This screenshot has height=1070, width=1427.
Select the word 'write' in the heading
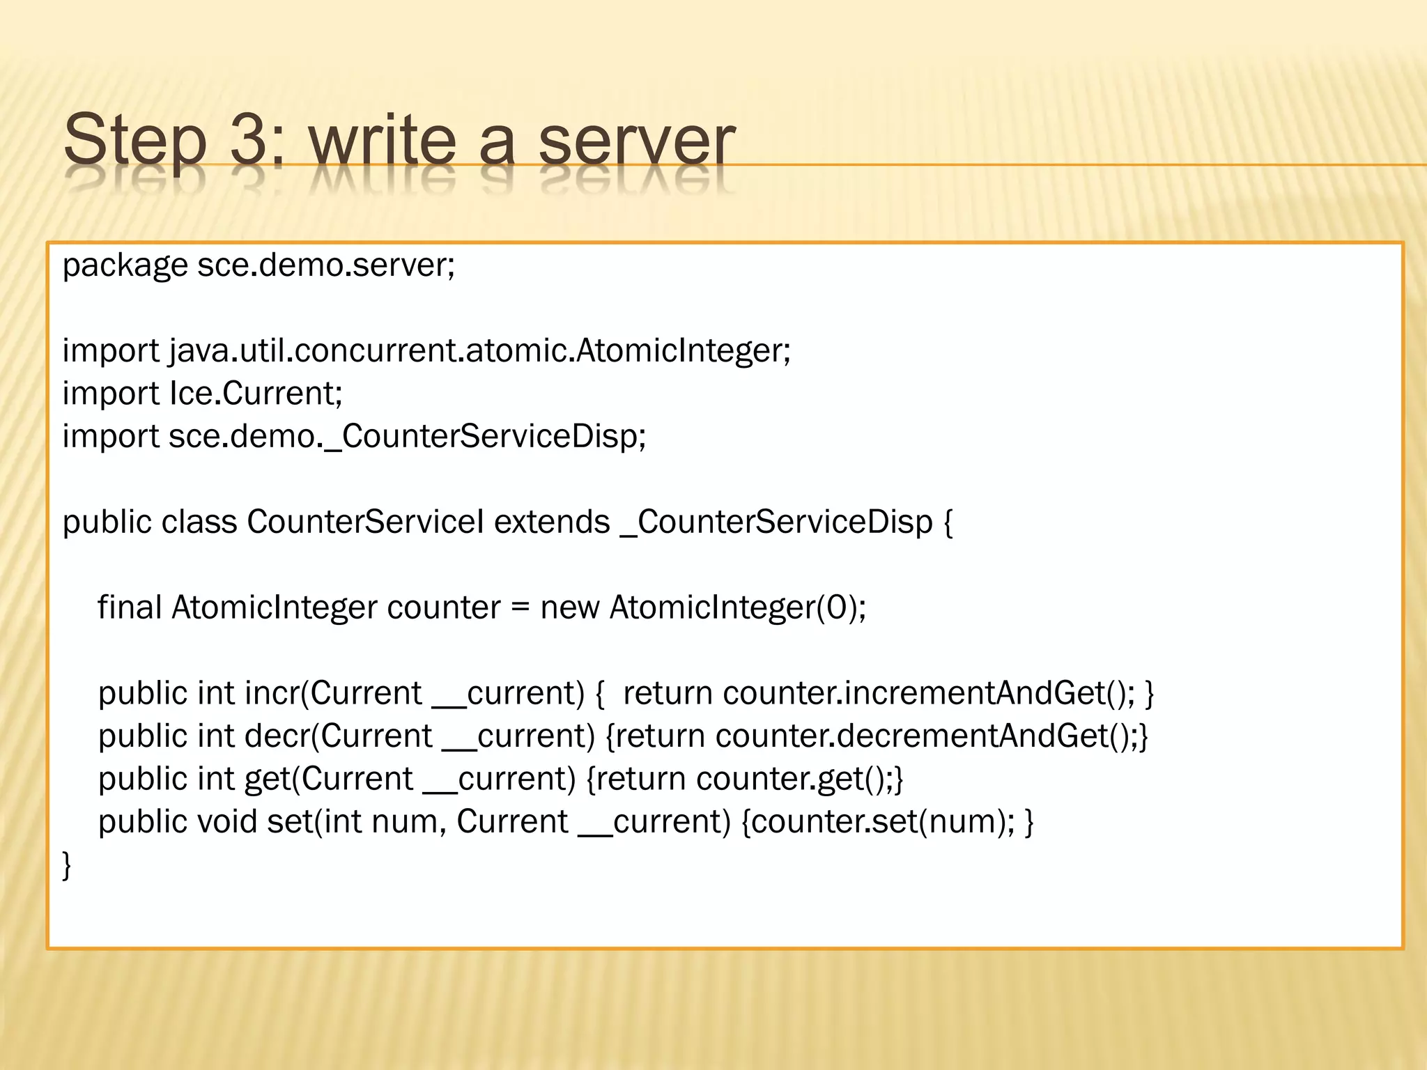coord(382,139)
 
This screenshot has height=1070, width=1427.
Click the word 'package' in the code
coord(125,265)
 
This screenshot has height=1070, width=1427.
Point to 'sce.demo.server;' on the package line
coord(326,265)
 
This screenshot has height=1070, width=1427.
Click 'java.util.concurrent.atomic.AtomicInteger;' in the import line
coord(479,350)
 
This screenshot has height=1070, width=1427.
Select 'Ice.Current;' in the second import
coord(256,394)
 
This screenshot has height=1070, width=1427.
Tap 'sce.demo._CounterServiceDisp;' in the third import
coord(407,437)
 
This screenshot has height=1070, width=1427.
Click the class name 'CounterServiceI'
coord(365,522)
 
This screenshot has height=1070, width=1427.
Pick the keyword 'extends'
coord(552,522)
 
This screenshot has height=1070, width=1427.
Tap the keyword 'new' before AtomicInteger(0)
coord(569,607)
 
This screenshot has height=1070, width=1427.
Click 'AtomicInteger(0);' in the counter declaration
coord(738,607)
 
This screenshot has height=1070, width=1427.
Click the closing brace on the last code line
coord(67,865)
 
